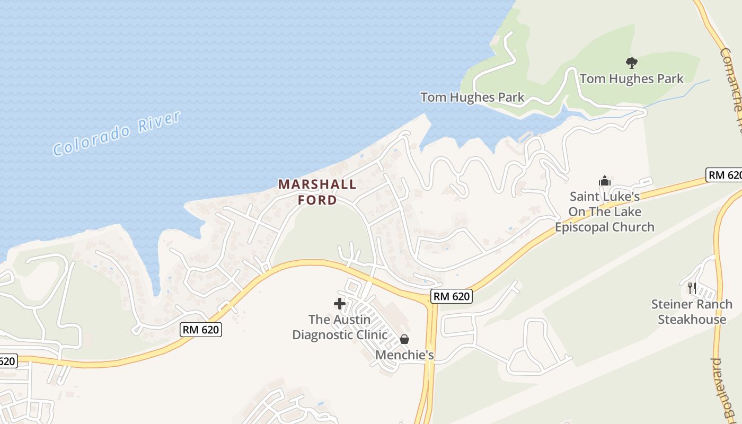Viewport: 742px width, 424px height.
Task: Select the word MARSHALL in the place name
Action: [317, 184]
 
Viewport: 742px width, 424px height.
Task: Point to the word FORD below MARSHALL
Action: [317, 200]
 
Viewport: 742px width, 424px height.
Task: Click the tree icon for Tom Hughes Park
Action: [631, 63]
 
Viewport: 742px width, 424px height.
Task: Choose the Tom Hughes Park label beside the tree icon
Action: [631, 79]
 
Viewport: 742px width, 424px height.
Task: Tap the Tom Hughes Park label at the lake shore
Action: [472, 97]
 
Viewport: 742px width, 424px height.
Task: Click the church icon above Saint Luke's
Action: [605, 181]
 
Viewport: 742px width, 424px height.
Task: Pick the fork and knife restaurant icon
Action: [692, 288]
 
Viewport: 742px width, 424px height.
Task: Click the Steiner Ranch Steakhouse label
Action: [692, 312]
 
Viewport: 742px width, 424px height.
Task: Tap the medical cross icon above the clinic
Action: [340, 304]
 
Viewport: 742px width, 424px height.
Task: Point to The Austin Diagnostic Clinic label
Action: [340, 327]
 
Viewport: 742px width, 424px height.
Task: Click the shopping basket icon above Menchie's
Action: [404, 339]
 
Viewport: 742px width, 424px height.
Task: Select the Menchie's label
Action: [404, 355]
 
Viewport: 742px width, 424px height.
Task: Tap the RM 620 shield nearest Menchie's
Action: [451, 296]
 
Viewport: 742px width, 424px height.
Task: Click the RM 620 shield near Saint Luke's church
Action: [723, 175]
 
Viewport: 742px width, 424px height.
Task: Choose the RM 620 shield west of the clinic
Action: [201, 329]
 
